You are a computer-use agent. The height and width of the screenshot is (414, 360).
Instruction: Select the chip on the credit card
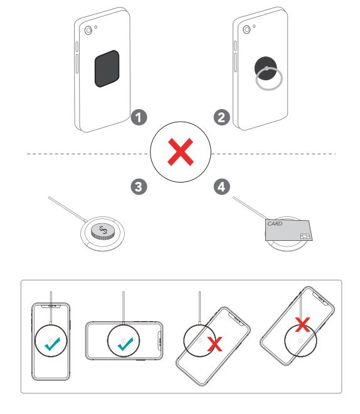point(305,236)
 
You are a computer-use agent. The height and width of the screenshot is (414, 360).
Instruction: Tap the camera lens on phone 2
point(246,29)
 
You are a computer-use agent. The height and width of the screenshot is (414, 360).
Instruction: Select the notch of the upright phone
point(51,307)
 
